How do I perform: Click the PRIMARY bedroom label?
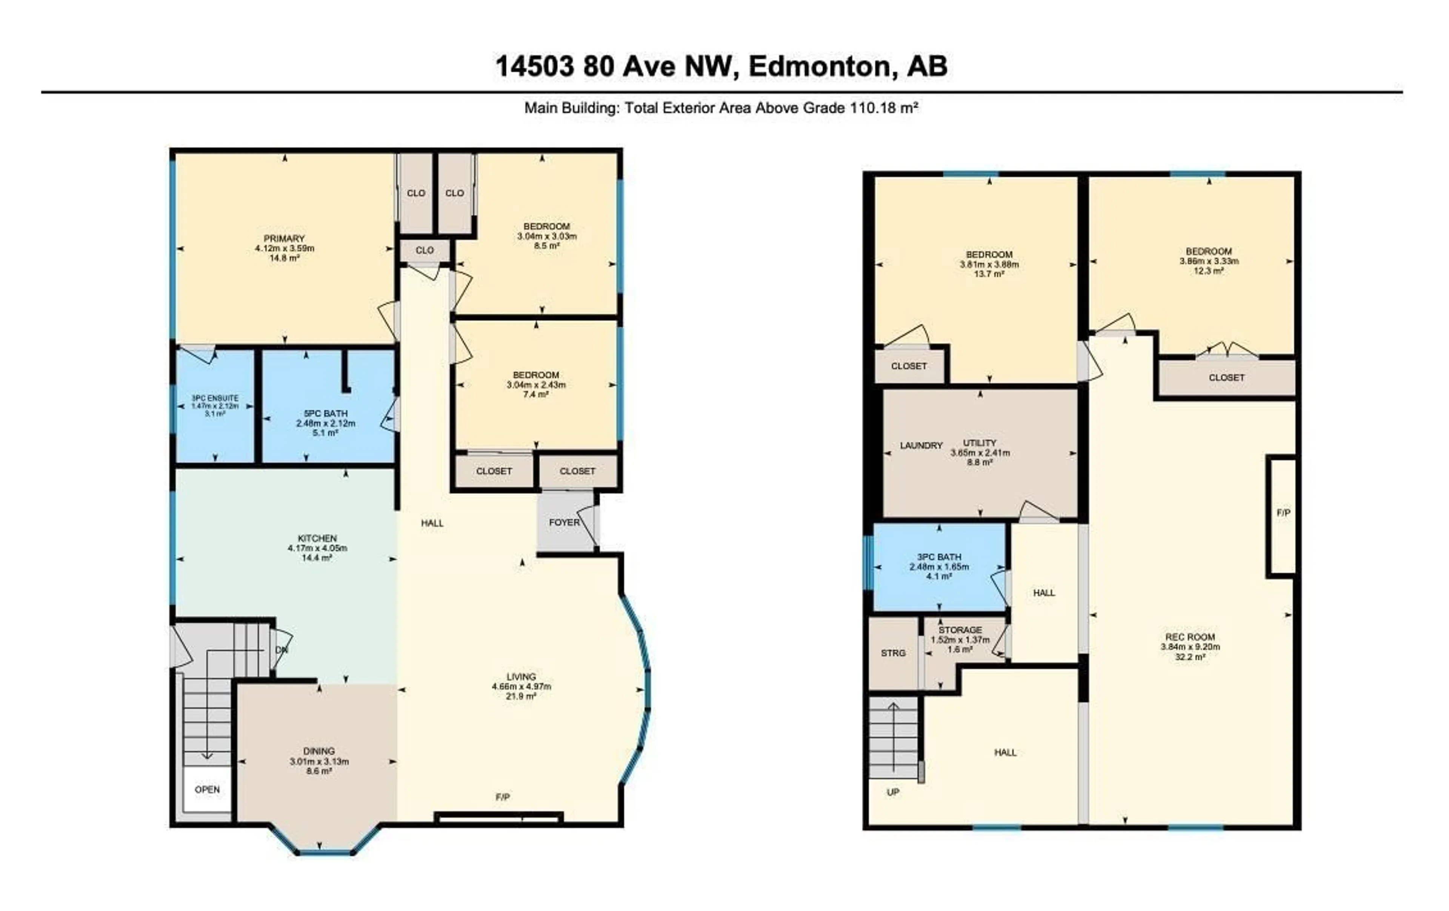(284, 238)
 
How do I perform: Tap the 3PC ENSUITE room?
(215, 406)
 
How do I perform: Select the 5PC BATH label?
(326, 413)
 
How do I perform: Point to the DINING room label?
(319, 751)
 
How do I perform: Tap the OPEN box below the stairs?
(207, 789)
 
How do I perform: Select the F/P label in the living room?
(503, 797)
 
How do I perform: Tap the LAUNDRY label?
(921, 445)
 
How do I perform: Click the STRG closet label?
(893, 653)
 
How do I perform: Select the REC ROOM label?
(1190, 637)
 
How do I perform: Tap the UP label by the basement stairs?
(893, 792)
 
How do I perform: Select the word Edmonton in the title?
(818, 66)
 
